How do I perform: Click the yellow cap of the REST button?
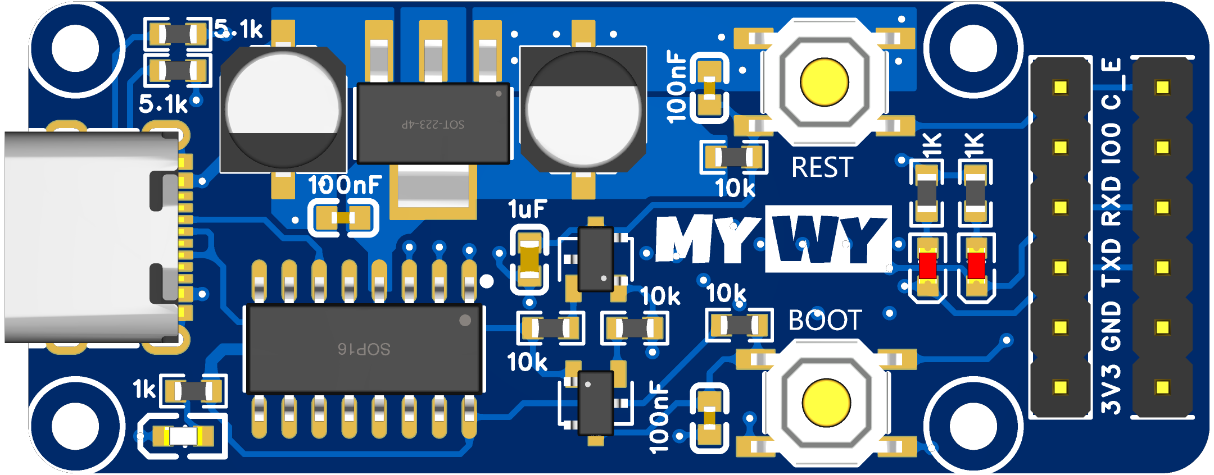(824, 82)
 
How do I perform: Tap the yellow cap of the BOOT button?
(826, 403)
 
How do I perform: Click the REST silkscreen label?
(822, 167)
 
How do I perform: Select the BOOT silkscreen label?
(825, 320)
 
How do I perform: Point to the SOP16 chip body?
(364, 349)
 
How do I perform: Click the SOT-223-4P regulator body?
(433, 124)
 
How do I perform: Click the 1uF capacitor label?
(527, 209)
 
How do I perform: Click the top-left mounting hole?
(75, 49)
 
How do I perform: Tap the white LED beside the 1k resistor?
(183, 436)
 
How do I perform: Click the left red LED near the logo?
(927, 266)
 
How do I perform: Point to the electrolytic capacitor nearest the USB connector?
(283, 109)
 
